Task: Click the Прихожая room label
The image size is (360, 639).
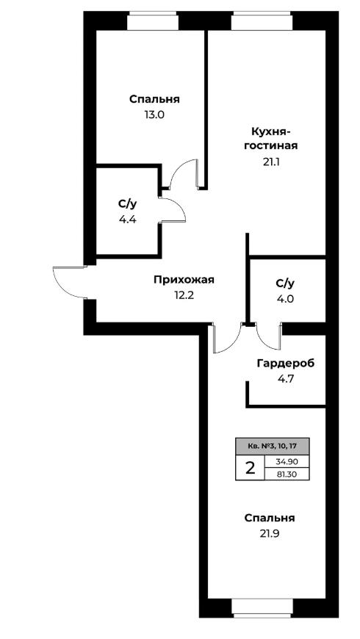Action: (x=184, y=281)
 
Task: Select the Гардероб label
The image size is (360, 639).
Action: (x=286, y=363)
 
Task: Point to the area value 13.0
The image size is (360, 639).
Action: (x=154, y=115)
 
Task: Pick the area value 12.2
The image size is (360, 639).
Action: (x=184, y=295)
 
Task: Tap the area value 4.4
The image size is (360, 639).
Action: (x=127, y=220)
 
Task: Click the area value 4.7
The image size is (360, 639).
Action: (x=285, y=378)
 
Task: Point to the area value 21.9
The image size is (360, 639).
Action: (x=270, y=533)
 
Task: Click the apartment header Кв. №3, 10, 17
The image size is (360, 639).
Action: (x=272, y=447)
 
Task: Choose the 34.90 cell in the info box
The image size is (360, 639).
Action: (x=287, y=462)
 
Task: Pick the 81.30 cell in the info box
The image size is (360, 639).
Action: (x=287, y=474)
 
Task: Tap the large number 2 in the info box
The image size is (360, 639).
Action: (x=250, y=469)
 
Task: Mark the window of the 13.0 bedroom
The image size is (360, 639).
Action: (x=153, y=21)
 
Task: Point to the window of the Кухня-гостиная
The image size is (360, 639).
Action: (x=262, y=21)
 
